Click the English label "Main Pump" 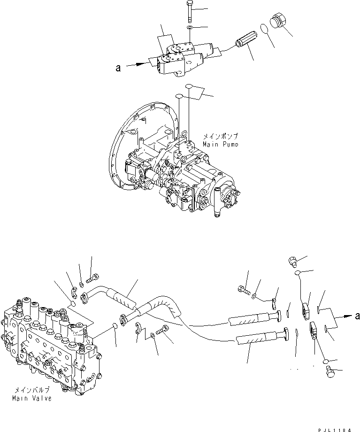[x=220, y=143]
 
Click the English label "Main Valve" [x=32, y=399]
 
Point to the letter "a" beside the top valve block [x=118, y=69]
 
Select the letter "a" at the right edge [x=357, y=316]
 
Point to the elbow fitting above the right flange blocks [x=292, y=259]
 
